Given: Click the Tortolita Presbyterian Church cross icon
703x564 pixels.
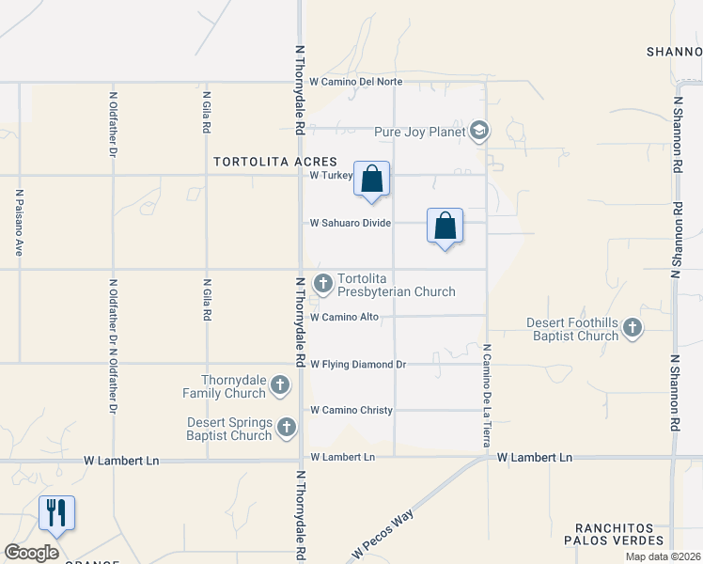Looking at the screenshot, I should (322, 282).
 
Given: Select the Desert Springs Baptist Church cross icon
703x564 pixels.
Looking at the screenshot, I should (287, 429).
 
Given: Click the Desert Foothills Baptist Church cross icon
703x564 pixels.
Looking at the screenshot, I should (633, 328).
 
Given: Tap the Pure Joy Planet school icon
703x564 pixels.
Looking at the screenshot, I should (479, 131).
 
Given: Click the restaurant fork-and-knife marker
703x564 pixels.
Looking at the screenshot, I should (56, 512).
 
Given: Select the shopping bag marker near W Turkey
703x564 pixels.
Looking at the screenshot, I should (372, 178).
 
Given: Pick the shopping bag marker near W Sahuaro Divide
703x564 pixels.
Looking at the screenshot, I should (445, 226).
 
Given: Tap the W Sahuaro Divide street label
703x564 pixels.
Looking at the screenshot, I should (351, 223).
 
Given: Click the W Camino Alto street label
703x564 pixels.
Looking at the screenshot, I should (345, 317).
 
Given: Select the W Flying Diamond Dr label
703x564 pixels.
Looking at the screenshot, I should (358, 364).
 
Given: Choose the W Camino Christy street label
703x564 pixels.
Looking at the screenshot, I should (351, 411).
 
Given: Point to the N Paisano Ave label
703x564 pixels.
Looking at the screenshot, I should (18, 224).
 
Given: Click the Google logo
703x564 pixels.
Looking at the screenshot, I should (32, 553).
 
